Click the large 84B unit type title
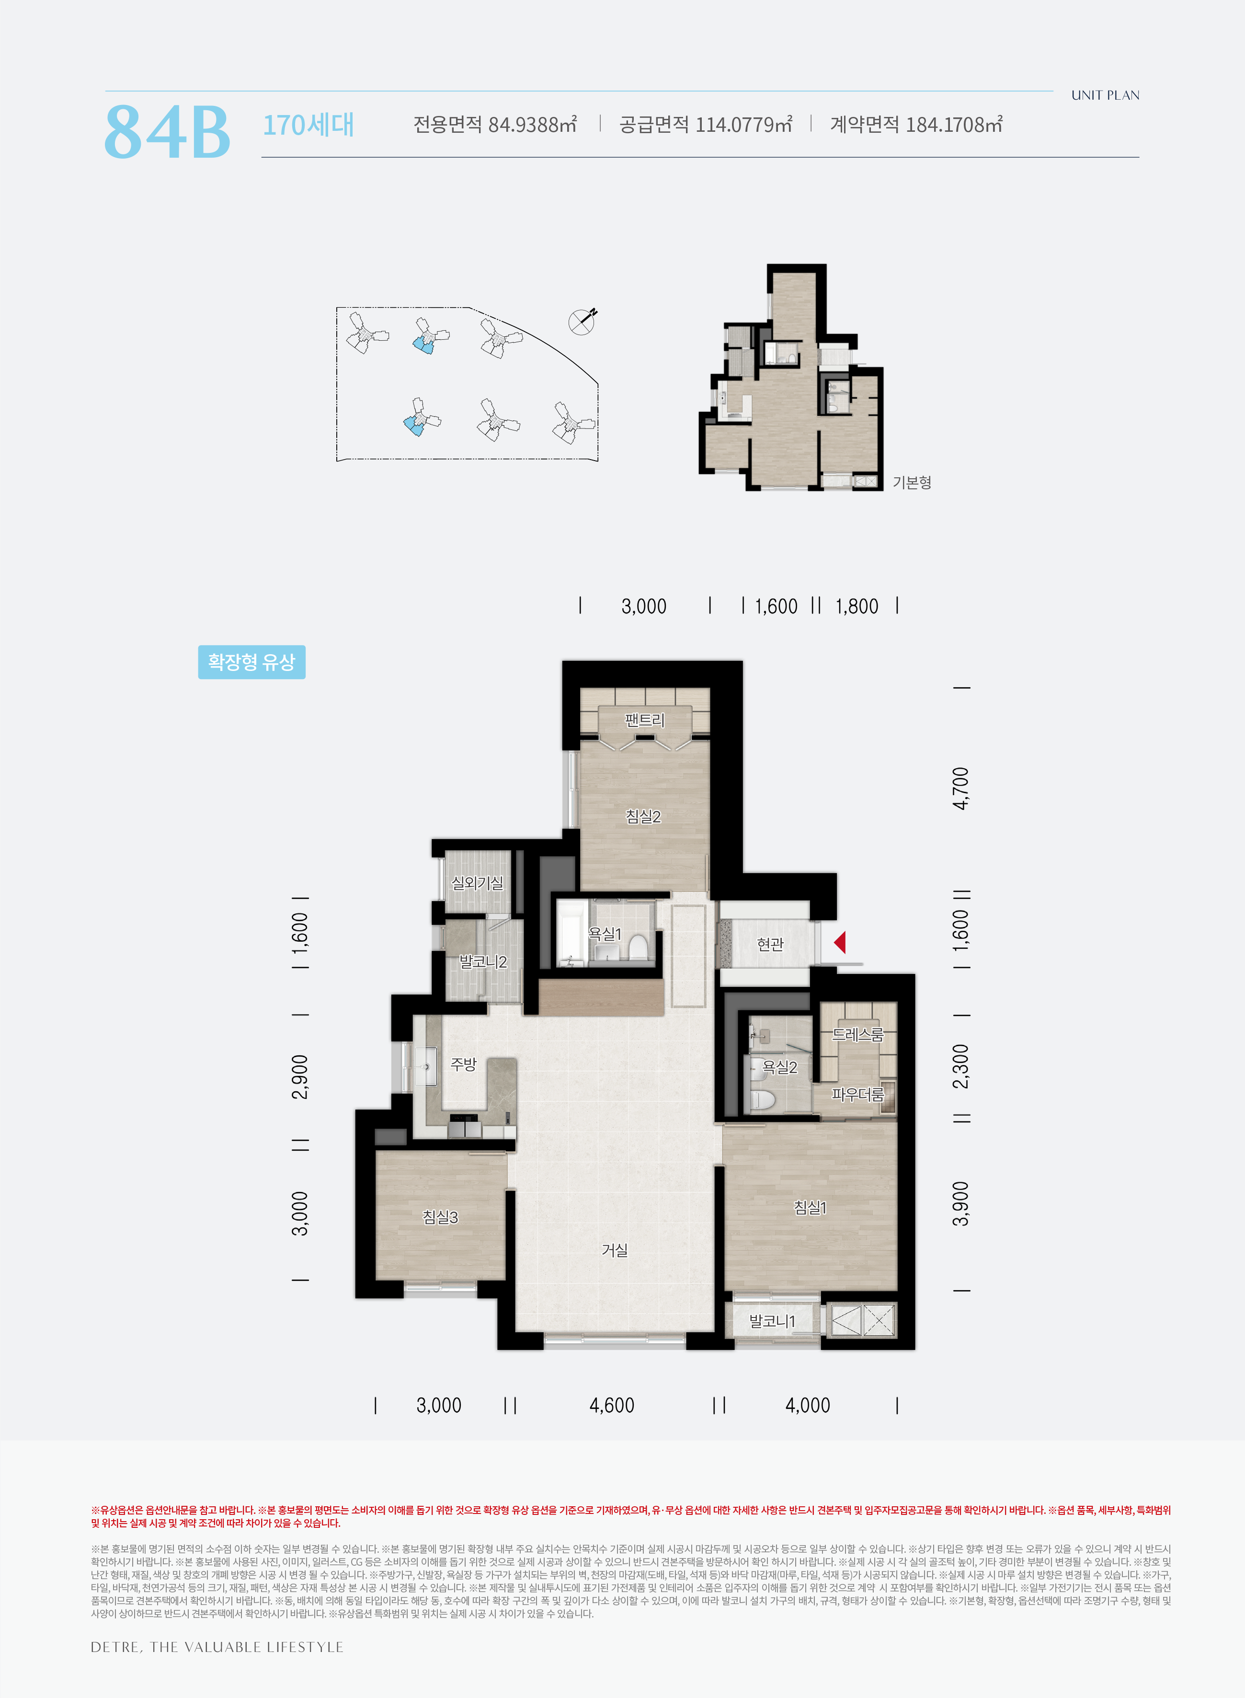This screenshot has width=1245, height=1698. point(167,131)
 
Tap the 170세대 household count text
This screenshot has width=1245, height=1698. point(308,125)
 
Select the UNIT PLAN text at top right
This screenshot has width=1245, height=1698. point(1105,95)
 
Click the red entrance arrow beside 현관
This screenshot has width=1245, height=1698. point(840,943)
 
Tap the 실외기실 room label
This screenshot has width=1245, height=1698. point(477,882)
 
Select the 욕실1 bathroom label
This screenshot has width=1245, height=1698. point(605,934)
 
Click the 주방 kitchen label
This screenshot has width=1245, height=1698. point(464,1064)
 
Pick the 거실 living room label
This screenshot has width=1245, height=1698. point(615,1250)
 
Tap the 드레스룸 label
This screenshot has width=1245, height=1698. point(857,1035)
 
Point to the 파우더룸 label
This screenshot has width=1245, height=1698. point(857,1094)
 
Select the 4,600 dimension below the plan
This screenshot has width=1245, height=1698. point(612,1406)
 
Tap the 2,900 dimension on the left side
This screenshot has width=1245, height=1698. point(300,1077)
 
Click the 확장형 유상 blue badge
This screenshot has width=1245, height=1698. point(251,662)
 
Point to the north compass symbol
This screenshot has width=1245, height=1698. point(582,321)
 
